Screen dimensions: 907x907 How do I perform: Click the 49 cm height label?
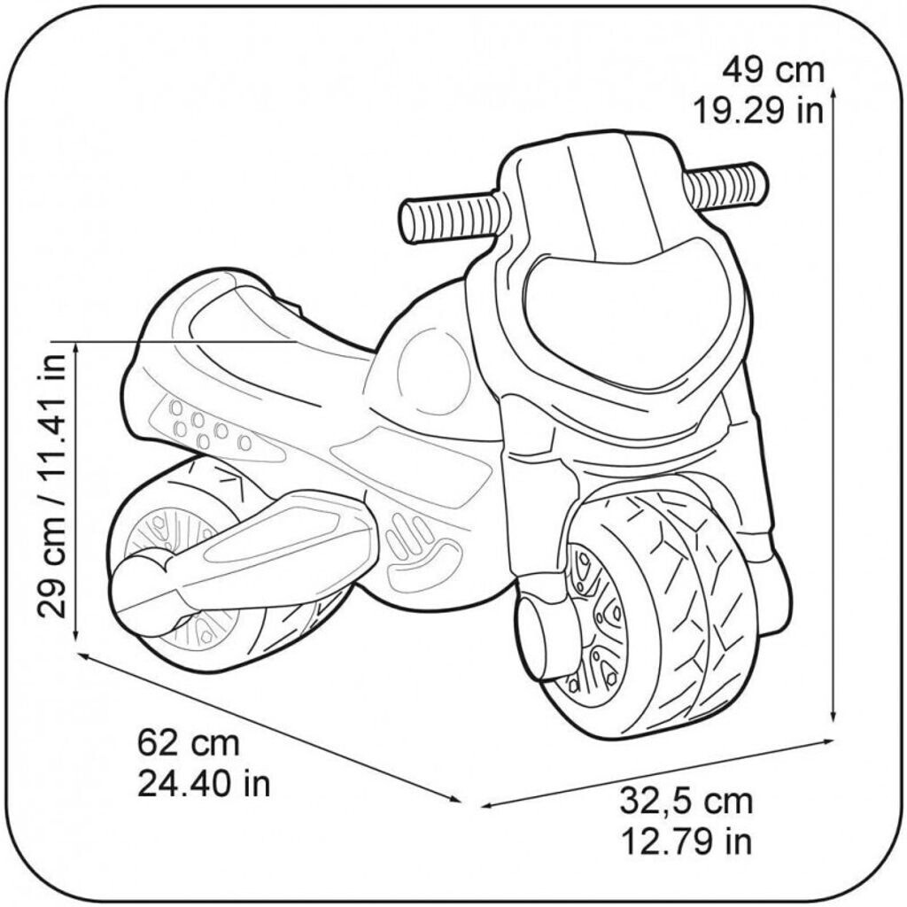(x=773, y=71)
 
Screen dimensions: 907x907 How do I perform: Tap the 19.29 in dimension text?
(x=758, y=110)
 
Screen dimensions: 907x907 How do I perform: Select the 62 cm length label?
(x=189, y=742)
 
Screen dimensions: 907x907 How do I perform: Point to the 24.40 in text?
(x=205, y=783)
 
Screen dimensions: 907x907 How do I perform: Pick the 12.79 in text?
(x=686, y=841)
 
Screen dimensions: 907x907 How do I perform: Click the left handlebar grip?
(x=451, y=220)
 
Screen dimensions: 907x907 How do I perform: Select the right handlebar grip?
(x=726, y=186)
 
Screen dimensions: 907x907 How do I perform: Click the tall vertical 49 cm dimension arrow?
(x=833, y=405)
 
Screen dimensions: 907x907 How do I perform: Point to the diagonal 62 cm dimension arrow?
(x=269, y=727)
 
